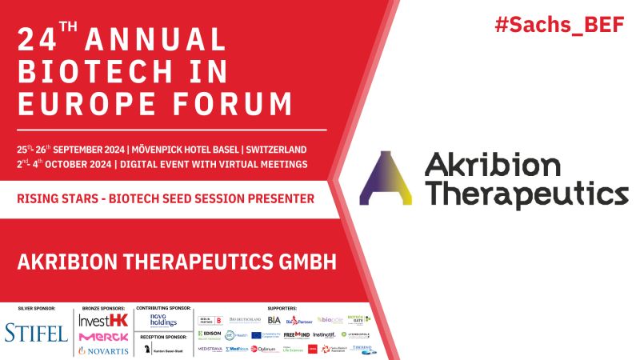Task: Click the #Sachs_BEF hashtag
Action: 564,24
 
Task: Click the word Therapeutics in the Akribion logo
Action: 526,194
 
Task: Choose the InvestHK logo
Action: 102,318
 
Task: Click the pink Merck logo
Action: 103,336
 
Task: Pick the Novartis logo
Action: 103,351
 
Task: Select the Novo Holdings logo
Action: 162,321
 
